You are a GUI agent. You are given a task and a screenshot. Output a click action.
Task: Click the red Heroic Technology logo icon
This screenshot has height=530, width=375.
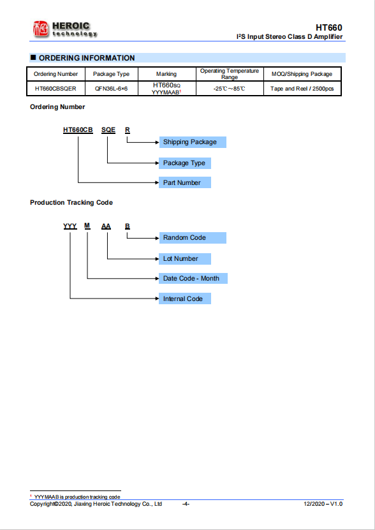(x=41, y=29)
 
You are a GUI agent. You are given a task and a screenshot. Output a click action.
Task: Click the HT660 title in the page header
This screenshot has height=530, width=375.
(x=328, y=27)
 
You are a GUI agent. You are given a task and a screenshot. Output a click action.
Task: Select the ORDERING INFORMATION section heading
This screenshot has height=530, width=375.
(x=87, y=58)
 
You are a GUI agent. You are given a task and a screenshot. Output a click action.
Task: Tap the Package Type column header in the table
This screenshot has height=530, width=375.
(x=111, y=74)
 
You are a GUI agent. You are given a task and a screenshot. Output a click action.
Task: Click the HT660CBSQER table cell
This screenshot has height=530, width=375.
(x=55, y=89)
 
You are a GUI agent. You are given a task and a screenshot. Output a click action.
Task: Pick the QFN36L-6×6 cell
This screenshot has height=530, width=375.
(x=111, y=89)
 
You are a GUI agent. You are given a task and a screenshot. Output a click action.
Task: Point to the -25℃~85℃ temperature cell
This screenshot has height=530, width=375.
(x=229, y=89)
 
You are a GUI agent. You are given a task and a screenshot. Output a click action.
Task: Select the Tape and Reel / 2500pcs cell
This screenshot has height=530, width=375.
(x=302, y=89)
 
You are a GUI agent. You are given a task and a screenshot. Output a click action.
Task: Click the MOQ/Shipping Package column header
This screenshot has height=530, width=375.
(x=302, y=74)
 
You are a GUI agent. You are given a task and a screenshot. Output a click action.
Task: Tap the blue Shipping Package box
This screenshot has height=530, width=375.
(x=193, y=142)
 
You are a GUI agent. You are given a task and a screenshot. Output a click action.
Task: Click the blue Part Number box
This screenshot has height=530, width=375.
(x=185, y=182)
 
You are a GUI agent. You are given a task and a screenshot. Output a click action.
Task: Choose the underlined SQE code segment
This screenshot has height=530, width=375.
(x=108, y=131)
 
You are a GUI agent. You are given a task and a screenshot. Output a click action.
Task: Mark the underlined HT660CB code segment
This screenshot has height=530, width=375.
(x=78, y=131)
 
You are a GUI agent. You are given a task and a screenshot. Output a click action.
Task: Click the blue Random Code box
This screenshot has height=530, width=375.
(x=193, y=238)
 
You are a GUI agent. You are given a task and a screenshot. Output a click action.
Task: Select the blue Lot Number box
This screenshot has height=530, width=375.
(x=185, y=259)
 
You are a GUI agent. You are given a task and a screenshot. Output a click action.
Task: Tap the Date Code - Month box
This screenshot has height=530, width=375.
(x=193, y=279)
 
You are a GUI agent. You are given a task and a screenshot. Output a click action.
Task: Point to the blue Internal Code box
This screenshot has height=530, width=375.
(x=185, y=298)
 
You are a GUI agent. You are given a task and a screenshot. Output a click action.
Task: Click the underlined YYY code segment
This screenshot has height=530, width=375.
(x=70, y=226)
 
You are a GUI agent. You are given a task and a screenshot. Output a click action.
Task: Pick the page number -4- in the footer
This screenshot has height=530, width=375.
(x=186, y=504)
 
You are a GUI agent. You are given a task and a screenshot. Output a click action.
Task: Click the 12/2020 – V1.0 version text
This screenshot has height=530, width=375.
(x=323, y=504)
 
